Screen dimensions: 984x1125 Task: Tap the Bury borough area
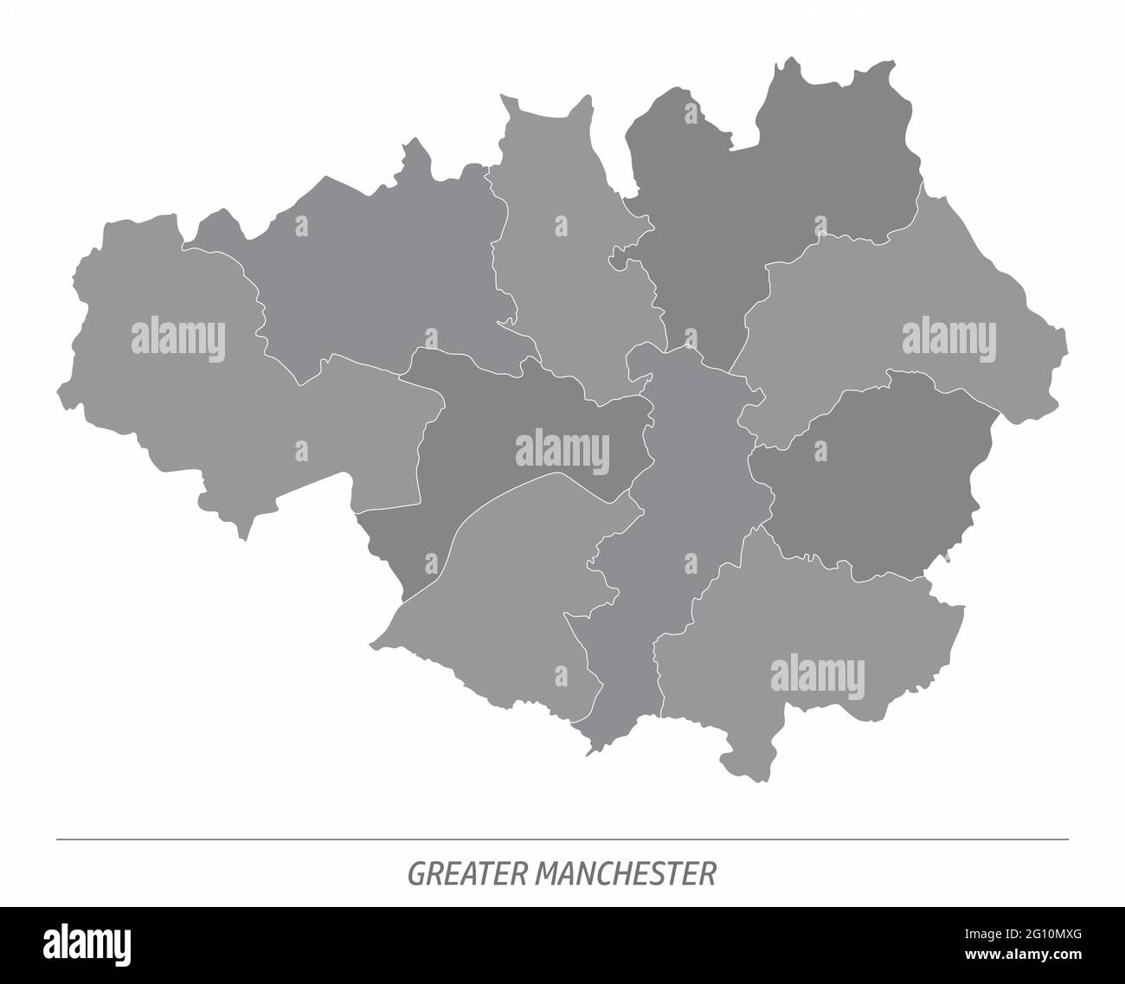pyautogui.click(x=562, y=260)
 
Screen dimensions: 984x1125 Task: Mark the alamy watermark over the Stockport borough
pyautogui.click(x=817, y=674)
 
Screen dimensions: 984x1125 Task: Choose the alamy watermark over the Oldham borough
pyautogui.click(x=949, y=338)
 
